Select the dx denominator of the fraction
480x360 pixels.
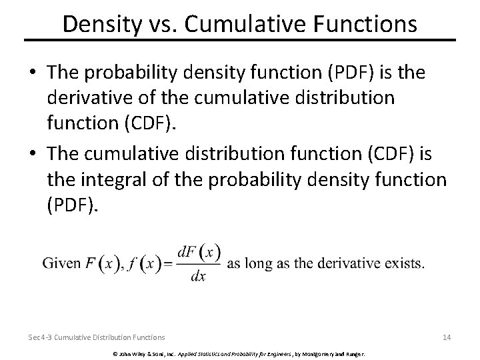tap(197, 276)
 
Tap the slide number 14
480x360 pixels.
tap(447, 337)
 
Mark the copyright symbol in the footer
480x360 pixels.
tap(115, 353)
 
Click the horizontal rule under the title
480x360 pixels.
tap(240, 41)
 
